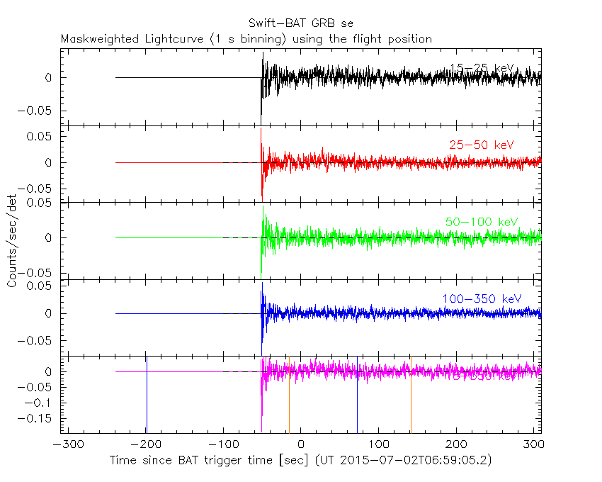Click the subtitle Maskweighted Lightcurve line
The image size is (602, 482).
pos(246,39)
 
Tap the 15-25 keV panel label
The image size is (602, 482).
pos(482,68)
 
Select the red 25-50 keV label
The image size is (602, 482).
pos(481,145)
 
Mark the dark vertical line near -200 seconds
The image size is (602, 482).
pos(147,397)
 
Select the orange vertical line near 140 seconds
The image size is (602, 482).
pos(411,397)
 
